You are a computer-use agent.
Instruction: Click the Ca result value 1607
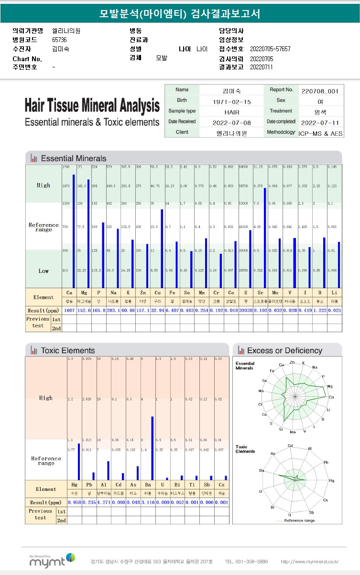[x=69, y=310]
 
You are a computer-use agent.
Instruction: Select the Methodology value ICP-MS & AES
[x=320, y=133]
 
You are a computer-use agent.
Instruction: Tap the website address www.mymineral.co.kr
[x=310, y=561]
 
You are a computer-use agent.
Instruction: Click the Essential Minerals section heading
[x=74, y=158]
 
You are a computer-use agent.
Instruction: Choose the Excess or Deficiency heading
[x=284, y=350]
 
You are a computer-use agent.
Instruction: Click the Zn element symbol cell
[x=143, y=292]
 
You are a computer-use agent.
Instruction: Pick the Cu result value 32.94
[x=158, y=310]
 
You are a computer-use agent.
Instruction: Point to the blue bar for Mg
[x=88, y=233]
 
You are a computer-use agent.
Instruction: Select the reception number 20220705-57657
[x=270, y=49]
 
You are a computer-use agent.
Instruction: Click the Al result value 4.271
[x=104, y=502]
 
